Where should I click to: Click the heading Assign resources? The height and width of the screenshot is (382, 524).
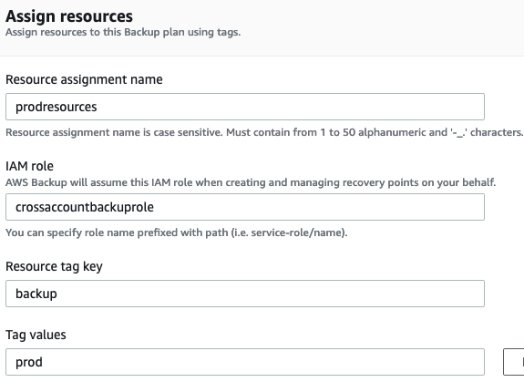point(68,16)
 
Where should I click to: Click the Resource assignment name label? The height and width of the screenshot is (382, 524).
point(84,79)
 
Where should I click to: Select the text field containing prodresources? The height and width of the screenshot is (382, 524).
point(244,107)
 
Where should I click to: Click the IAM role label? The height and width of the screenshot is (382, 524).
point(30,167)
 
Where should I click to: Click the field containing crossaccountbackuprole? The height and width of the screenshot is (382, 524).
point(244,208)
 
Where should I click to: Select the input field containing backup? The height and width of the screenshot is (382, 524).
point(244,294)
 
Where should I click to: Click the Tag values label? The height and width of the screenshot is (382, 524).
point(36,335)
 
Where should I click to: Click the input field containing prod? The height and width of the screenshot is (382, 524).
point(244,362)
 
